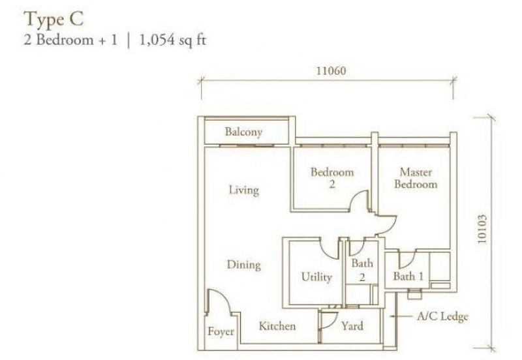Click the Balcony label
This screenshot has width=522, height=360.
[x=243, y=132]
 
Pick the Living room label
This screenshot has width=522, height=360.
[x=243, y=190]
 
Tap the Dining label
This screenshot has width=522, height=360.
[x=243, y=265]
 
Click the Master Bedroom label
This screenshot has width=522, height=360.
[x=417, y=178]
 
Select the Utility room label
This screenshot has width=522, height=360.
[x=316, y=277]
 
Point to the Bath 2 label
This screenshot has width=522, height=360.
[x=362, y=270]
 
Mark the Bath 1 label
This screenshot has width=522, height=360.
[x=408, y=277]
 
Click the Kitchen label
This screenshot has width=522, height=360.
[x=277, y=325]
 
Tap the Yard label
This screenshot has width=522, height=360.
[x=352, y=325]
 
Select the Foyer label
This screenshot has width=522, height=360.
[x=221, y=332]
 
